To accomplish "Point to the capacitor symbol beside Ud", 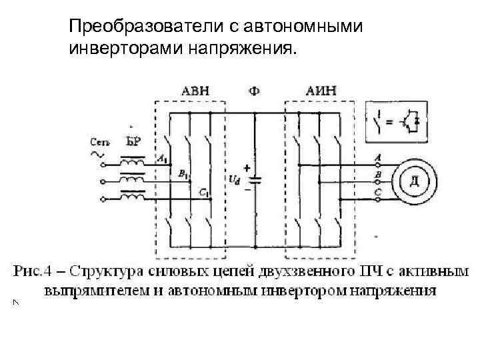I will [254, 179].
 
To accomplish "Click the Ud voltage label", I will [234, 181].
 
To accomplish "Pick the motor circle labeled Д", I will [415, 181].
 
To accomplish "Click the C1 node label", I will [203, 193].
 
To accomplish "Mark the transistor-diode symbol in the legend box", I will [413, 121].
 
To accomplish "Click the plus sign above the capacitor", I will [247, 168].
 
